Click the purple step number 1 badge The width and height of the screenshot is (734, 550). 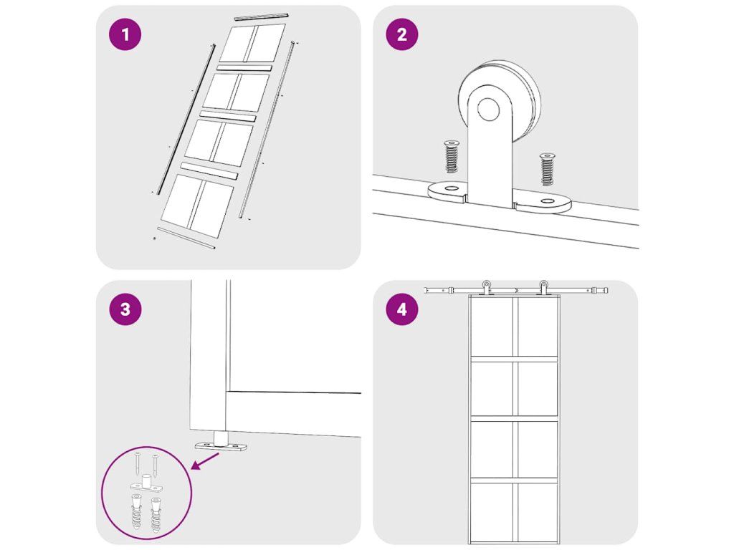(125, 34)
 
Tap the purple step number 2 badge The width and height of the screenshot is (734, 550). (402, 34)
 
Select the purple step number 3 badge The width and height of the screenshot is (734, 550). (125, 309)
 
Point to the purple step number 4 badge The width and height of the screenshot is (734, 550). (402, 309)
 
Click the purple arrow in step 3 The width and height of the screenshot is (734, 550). (205, 461)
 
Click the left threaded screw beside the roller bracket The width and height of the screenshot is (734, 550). (452, 156)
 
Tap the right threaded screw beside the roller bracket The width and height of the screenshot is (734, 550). (547, 168)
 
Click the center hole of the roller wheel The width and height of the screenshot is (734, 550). (488, 110)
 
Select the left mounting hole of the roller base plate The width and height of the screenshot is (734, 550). (452, 188)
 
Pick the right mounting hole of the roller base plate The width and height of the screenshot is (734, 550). (546, 201)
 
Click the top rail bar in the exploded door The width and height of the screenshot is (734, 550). (261, 17)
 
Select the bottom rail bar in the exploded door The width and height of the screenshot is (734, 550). (186, 238)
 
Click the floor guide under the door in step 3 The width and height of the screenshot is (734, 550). (221, 443)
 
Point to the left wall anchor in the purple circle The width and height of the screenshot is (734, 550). (135, 513)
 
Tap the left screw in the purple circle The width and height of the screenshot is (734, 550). (137, 463)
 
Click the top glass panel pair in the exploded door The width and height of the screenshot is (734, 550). (252, 43)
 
